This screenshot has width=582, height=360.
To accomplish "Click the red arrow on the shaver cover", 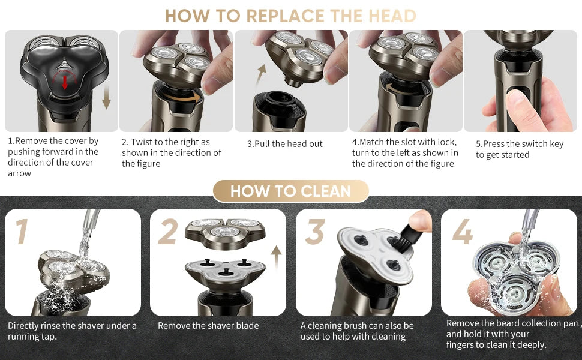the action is click(65, 82).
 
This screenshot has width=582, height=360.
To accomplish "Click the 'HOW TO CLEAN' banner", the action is click(290, 191).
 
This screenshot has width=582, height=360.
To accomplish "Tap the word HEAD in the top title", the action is click(392, 16).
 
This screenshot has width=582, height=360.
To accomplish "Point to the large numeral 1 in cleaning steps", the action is click(22, 231).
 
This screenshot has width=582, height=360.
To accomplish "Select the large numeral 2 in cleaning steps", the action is click(168, 232).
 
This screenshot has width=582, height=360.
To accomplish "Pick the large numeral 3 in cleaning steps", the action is click(315, 232).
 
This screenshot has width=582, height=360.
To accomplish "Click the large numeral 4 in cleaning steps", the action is click(462, 232).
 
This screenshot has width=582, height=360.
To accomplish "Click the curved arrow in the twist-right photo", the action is click(182, 98).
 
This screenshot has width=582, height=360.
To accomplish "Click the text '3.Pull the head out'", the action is click(284, 144).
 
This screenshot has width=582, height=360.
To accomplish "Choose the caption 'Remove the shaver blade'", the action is click(208, 326).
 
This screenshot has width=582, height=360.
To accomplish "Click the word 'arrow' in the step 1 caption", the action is click(20, 173).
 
